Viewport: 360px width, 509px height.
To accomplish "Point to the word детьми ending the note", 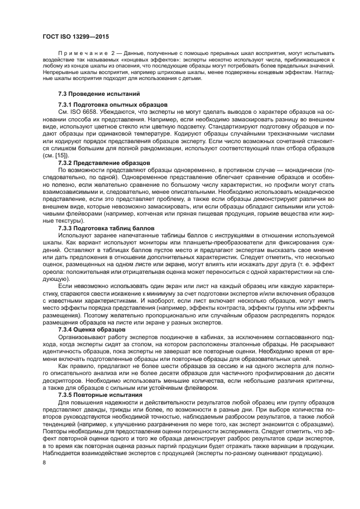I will pyautogui.click(x=191, y=78).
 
